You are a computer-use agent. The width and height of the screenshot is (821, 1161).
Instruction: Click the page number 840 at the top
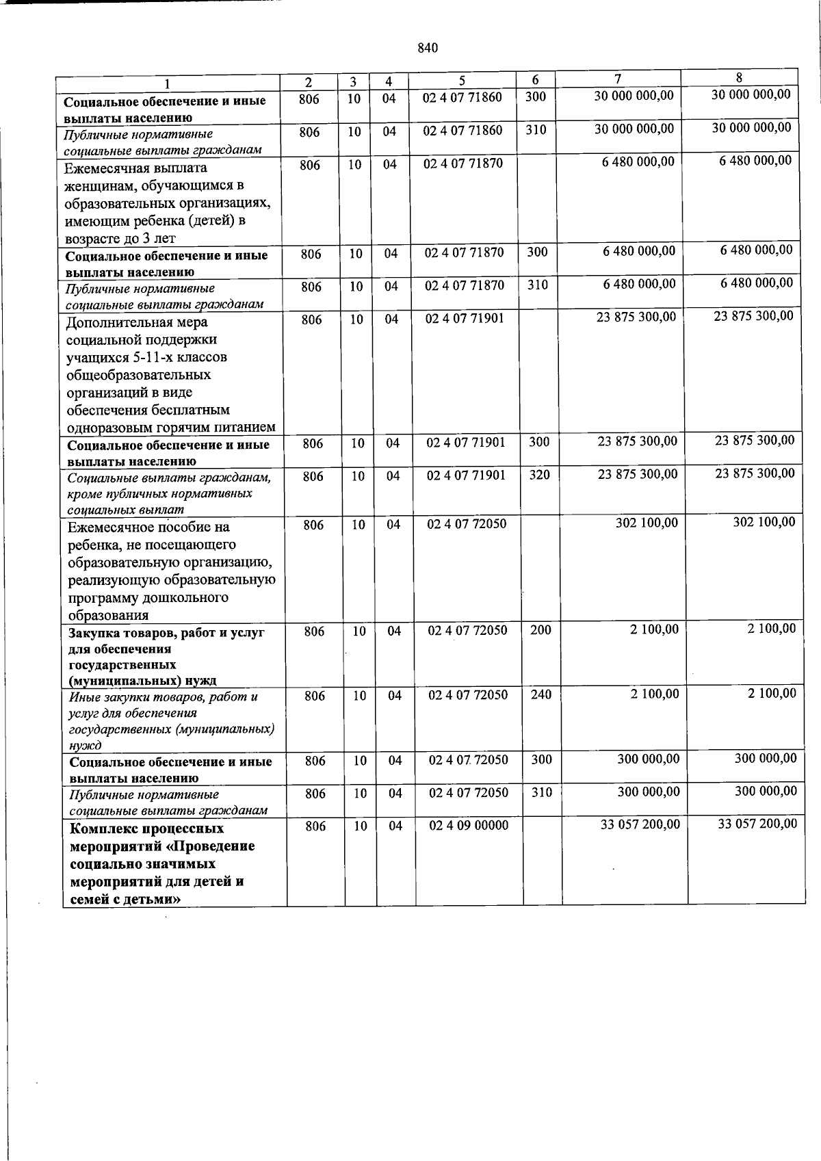pyautogui.click(x=427, y=48)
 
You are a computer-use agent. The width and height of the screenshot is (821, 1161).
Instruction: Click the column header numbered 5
pyautogui.click(x=462, y=81)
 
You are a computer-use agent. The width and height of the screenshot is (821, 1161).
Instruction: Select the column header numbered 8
pyautogui.click(x=739, y=77)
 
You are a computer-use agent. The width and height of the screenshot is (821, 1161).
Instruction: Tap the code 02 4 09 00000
pyautogui.click(x=469, y=826)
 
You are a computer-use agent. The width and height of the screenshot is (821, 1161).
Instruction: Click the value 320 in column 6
pyautogui.click(x=539, y=474)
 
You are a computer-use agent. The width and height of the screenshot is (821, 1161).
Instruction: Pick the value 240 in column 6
pyautogui.click(x=541, y=694)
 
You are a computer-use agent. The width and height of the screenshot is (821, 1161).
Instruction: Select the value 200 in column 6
pyautogui.click(x=540, y=630)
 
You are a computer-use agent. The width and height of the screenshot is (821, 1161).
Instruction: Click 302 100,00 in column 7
pyautogui.click(x=647, y=523)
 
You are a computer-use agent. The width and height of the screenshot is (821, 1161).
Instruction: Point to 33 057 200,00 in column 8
pyautogui.click(x=757, y=824)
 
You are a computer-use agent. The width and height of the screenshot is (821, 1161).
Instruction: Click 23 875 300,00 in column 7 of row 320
pyautogui.click(x=637, y=474)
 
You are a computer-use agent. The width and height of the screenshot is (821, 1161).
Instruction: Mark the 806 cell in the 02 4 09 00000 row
pyautogui.click(x=315, y=826)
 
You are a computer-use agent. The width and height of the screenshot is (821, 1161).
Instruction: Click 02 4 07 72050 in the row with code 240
pyautogui.click(x=468, y=695)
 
